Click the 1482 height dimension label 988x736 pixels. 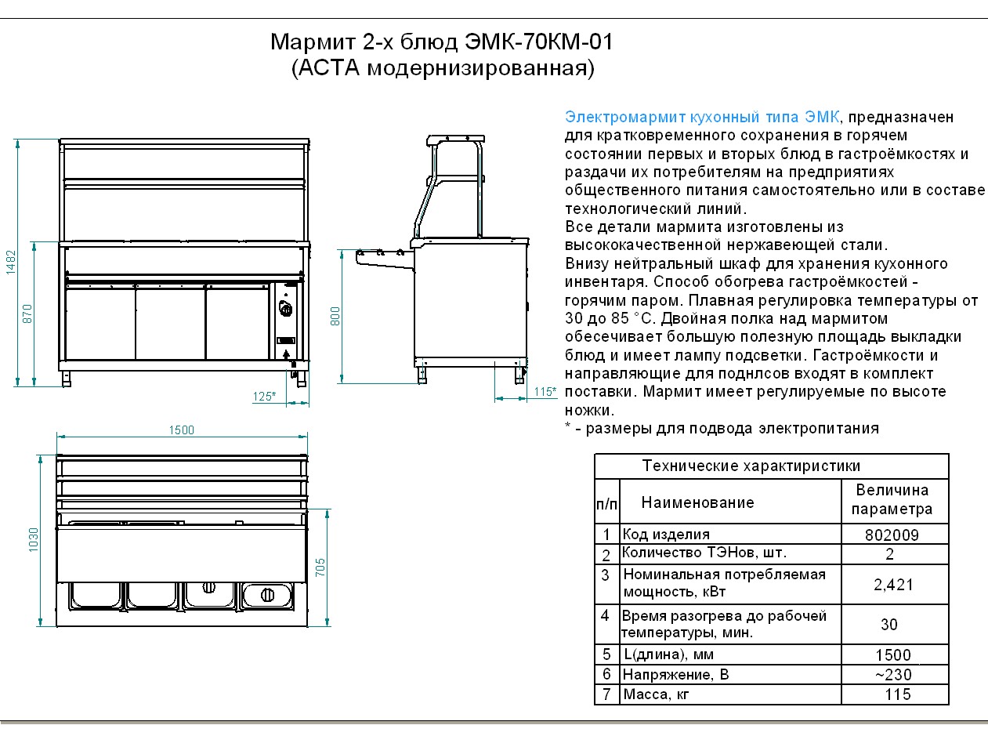tap(10, 263)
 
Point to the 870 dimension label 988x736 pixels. tap(27, 314)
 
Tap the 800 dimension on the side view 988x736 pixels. tap(335, 316)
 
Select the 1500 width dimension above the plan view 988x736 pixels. tap(181, 430)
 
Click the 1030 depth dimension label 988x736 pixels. tap(33, 539)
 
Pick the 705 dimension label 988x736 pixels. tap(320, 567)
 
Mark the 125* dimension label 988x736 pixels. tap(264, 397)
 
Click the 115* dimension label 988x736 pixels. tap(545, 391)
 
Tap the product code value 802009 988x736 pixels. tap(892, 535)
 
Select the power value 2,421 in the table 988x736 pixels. tap(893, 585)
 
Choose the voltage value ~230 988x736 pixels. tap(893, 675)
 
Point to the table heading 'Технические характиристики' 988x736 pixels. tap(751, 466)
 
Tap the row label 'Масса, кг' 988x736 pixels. tap(656, 694)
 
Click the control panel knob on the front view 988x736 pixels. tap(286, 309)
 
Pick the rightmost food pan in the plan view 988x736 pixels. tap(266, 595)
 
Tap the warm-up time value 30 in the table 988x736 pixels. tap(888, 625)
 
